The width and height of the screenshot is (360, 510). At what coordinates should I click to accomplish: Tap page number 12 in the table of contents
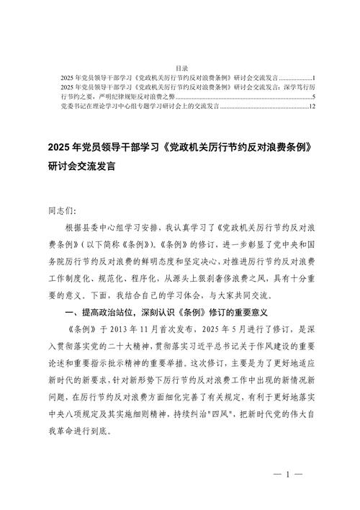[312, 107]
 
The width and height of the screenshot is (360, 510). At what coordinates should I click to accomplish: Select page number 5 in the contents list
[313, 97]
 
